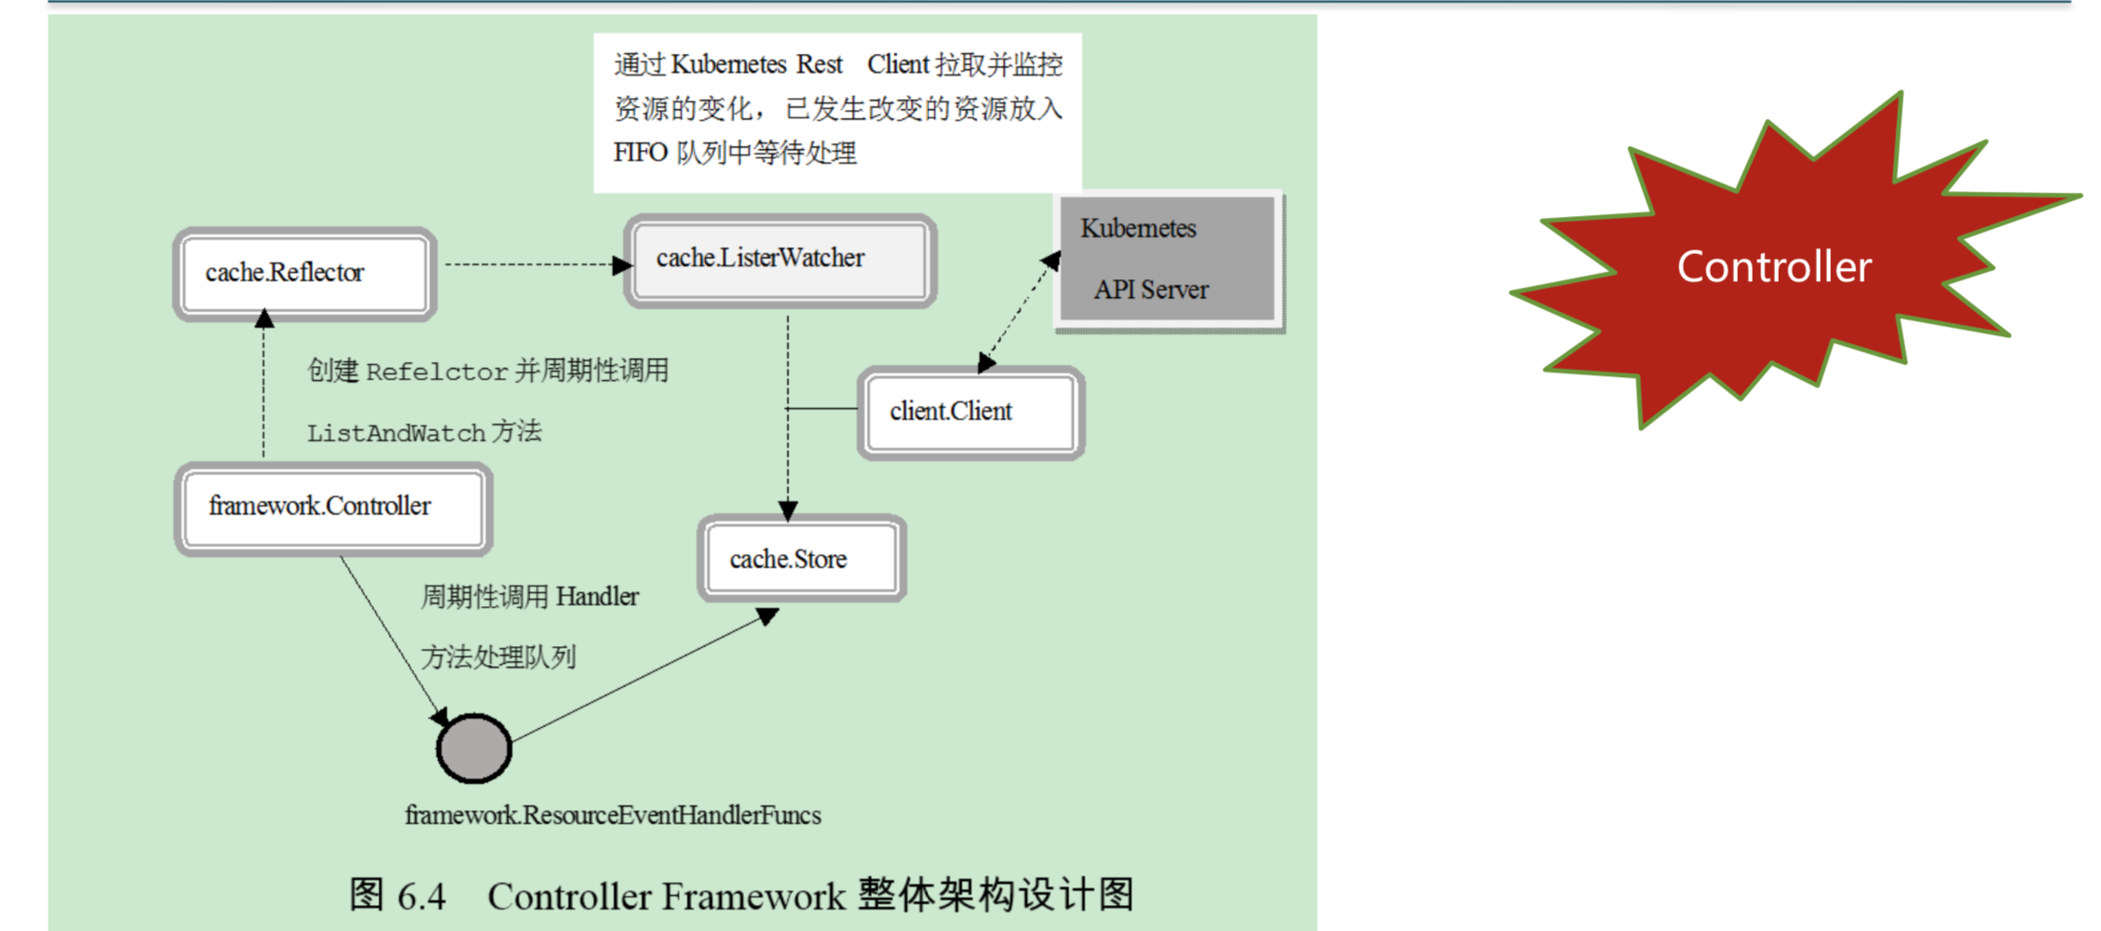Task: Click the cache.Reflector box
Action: pyautogui.click(x=305, y=274)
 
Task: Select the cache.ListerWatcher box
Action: pyautogui.click(x=780, y=260)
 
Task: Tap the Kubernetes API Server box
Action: pyautogui.click(x=1168, y=260)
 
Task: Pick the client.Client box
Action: pyautogui.click(x=970, y=412)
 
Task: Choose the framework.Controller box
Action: pyautogui.click(x=332, y=507)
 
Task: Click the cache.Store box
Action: pyautogui.click(x=802, y=559)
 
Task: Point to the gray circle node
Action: pyautogui.click(x=474, y=749)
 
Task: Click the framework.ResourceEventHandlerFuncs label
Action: pyautogui.click(x=613, y=816)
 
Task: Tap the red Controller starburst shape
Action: pyautogui.click(x=1773, y=267)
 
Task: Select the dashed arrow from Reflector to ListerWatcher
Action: pyautogui.click(x=531, y=264)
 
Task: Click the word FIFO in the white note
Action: pyautogui.click(x=640, y=153)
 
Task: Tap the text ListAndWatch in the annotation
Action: pyautogui.click(x=397, y=434)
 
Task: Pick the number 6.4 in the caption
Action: pyautogui.click(x=421, y=897)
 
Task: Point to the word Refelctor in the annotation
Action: pyautogui.click(x=437, y=372)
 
